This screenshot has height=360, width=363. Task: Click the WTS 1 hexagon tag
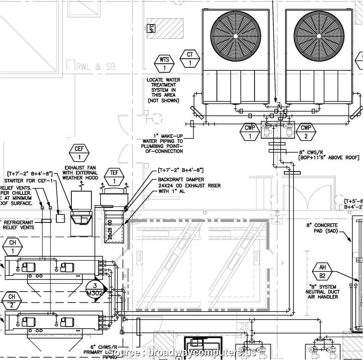click(x=164, y=63)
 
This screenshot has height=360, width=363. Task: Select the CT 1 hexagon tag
click(x=190, y=59)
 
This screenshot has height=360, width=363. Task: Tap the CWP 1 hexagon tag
click(x=250, y=132)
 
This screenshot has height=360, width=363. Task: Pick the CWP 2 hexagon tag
click(x=306, y=132)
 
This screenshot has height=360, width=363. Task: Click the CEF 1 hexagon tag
click(x=79, y=153)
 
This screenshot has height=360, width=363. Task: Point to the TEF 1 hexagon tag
click(x=114, y=177)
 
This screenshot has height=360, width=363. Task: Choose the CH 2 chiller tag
click(x=13, y=300)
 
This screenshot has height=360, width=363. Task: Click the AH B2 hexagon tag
click(x=322, y=271)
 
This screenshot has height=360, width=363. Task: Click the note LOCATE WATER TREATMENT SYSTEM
click(x=164, y=90)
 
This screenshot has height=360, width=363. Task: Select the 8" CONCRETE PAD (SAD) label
click(x=322, y=228)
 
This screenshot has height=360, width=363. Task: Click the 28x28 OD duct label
click(x=110, y=229)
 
